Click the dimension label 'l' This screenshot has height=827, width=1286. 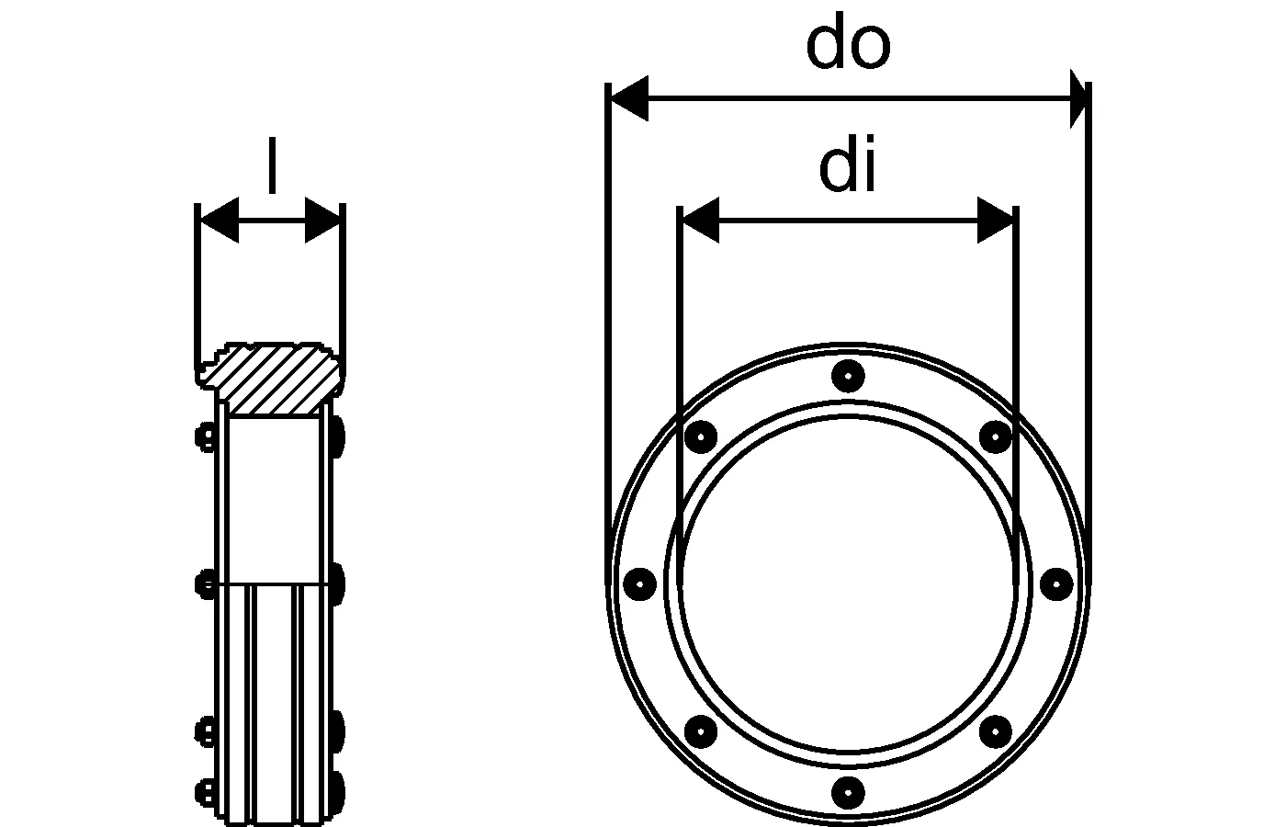pos(271,167)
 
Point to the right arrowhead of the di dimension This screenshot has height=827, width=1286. pos(996,221)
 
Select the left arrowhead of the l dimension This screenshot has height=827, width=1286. pos(219,221)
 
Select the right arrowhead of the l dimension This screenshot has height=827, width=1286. pos(323,221)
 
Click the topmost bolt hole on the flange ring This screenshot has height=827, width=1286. pos(847,375)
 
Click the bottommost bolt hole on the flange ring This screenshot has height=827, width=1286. pos(847,790)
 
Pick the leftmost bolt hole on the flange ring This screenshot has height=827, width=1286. pos(639,583)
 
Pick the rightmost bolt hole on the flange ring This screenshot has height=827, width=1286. pos(1056,583)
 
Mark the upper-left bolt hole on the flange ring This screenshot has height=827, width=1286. pos(701,436)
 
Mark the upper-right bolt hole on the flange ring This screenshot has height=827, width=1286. pos(995,436)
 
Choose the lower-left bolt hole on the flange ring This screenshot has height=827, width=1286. pos(701,731)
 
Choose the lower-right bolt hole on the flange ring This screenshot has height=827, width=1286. pos(995,731)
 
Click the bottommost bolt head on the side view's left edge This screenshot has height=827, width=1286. pos(204,790)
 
